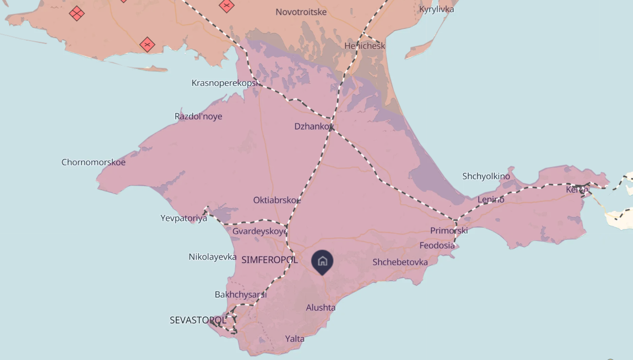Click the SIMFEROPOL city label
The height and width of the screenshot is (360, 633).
click(269, 260)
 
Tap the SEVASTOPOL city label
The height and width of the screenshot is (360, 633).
click(198, 320)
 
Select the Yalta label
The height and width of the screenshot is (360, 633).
click(295, 339)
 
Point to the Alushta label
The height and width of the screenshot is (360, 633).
click(321, 308)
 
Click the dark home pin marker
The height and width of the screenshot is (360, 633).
click(323, 262)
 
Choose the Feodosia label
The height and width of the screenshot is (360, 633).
click(437, 246)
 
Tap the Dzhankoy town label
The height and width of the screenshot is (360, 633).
click(313, 127)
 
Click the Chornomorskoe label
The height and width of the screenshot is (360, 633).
click(93, 162)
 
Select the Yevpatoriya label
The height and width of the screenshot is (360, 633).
click(184, 218)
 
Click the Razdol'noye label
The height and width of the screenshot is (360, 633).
click(198, 116)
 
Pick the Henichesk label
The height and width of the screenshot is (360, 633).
click(365, 46)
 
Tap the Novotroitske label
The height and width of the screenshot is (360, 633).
click(301, 12)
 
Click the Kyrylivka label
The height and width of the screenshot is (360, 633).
click(437, 9)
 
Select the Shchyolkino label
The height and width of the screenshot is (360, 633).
click(486, 176)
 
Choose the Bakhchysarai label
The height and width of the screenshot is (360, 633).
click(241, 295)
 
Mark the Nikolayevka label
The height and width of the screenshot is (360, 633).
click(213, 257)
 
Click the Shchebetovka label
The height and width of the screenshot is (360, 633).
click(400, 262)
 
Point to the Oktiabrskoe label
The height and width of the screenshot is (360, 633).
click(277, 200)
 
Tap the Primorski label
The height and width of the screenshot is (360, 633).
click(449, 230)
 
